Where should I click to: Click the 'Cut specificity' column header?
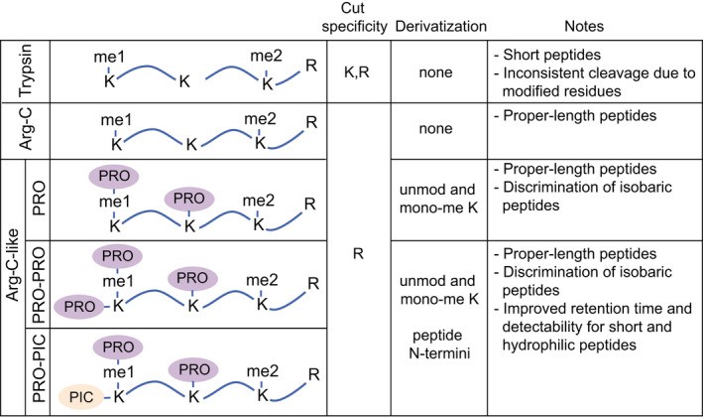pos(359,17)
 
